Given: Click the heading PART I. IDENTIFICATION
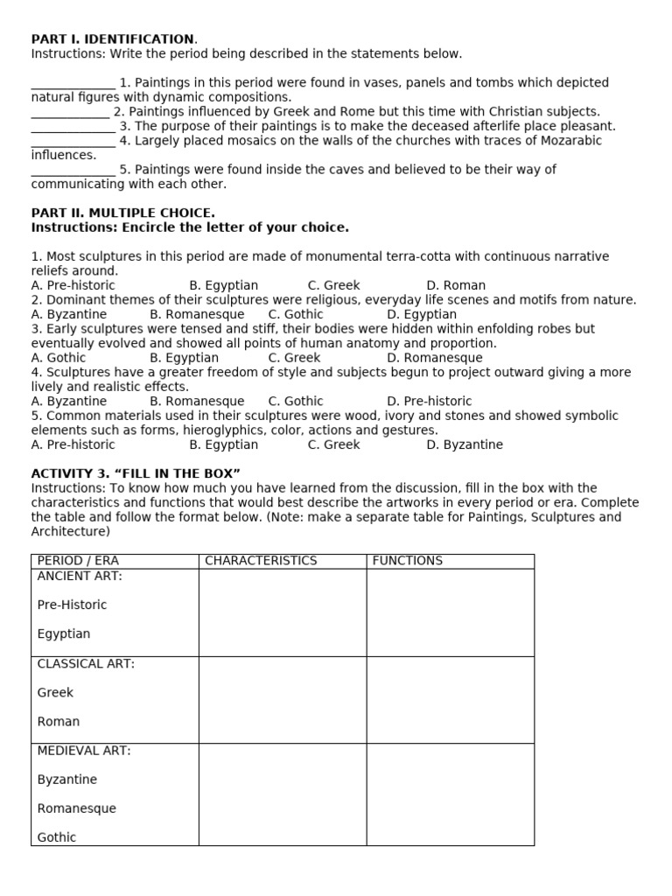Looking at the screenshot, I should (x=114, y=39).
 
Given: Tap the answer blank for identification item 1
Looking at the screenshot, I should (x=73, y=83).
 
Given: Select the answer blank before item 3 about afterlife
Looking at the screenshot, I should (x=73, y=127).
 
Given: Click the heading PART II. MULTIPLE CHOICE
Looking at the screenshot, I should (x=122, y=213).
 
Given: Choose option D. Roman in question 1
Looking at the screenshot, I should (x=456, y=286).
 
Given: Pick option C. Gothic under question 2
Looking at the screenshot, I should (x=296, y=315).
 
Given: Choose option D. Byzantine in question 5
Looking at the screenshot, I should (x=465, y=444).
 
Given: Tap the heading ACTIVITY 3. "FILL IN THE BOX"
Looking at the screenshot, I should (x=136, y=474).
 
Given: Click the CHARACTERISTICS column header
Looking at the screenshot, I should (x=261, y=561).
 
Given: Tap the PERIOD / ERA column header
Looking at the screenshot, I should (x=78, y=561).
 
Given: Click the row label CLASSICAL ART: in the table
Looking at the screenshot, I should (x=86, y=664).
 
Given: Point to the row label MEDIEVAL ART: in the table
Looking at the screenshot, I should (x=84, y=751).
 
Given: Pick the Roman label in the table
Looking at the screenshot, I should (x=59, y=722).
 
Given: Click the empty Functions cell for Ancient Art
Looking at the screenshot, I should (x=450, y=612).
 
